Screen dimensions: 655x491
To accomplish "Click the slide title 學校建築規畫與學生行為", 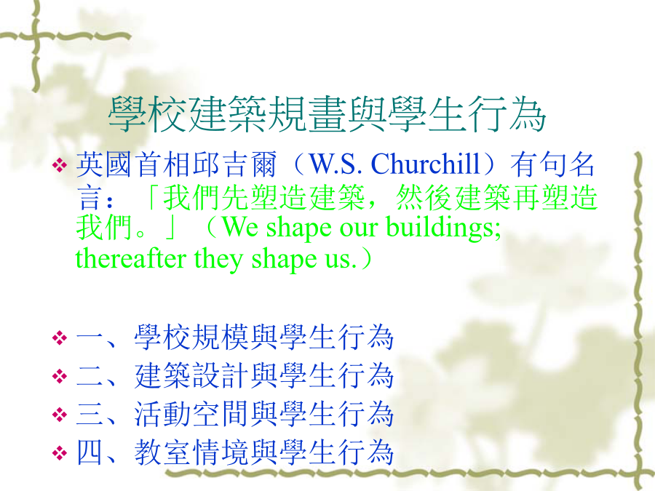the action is pos(327,114).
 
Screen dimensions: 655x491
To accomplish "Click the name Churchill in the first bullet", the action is pos(425,163).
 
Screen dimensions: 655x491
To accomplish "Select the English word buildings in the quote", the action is pos(443,228).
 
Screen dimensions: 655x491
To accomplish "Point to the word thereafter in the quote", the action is pos(131,258).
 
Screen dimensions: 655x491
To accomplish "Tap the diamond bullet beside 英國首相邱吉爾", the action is pos(60,165).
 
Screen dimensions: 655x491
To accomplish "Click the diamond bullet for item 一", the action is pos(60,338).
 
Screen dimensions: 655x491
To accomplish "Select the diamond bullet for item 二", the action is pos(60,376).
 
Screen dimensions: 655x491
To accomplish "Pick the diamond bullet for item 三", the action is pos(60,414).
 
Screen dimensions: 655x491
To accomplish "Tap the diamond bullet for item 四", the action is pos(60,452).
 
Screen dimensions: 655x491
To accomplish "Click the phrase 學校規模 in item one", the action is pos(192,337).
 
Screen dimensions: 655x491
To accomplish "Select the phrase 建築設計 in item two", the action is pos(192,375).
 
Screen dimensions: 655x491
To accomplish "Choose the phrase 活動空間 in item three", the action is pos(192,414).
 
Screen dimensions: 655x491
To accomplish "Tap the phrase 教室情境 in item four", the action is pos(192,452).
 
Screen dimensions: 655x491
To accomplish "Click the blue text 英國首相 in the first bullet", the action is pos(134,164).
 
